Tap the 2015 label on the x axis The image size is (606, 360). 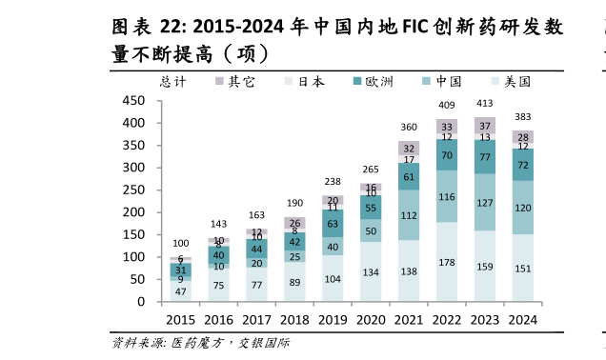coord(181,320)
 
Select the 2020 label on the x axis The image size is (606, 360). coord(371,320)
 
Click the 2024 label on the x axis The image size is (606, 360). coord(522,320)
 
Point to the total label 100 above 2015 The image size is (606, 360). coord(181,244)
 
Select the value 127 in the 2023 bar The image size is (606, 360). coord(485,203)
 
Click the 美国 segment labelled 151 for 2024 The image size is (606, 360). coord(522,269)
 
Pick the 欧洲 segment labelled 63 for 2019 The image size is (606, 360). coord(333,225)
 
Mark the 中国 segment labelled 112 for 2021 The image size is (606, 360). coord(409,215)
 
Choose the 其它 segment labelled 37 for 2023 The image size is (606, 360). coord(485,126)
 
